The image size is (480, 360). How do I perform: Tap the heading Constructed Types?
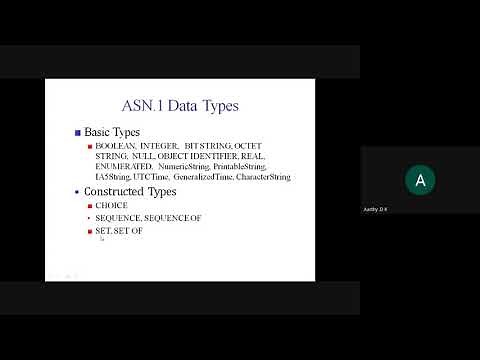(x=131, y=191)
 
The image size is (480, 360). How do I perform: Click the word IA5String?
(x=114, y=177)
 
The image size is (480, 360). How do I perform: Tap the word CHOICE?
(x=112, y=205)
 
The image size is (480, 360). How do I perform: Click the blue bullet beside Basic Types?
(x=78, y=132)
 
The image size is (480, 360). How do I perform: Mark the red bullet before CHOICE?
(x=89, y=205)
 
